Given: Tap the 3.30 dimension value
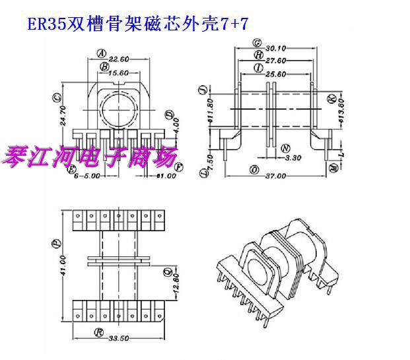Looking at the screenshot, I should click(x=292, y=159).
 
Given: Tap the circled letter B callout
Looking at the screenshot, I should click(x=104, y=67).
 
